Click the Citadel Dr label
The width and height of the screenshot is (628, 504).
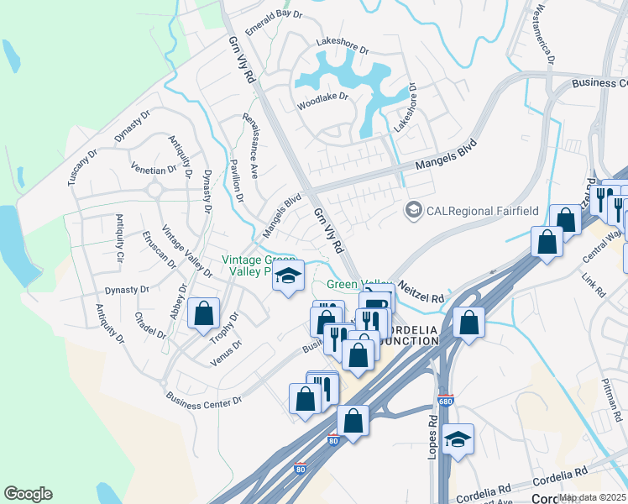pos(150,325)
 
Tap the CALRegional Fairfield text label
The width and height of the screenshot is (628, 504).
pos(482,210)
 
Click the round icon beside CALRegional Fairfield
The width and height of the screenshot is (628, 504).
pos(413,209)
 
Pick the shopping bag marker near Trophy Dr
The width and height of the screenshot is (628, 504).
pos(204,314)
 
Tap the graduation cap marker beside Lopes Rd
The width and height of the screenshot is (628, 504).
pos(458,439)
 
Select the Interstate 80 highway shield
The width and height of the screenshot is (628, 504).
pos(333,439)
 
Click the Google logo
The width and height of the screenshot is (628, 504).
pos(28,494)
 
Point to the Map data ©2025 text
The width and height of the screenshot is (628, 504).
pos(593,497)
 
